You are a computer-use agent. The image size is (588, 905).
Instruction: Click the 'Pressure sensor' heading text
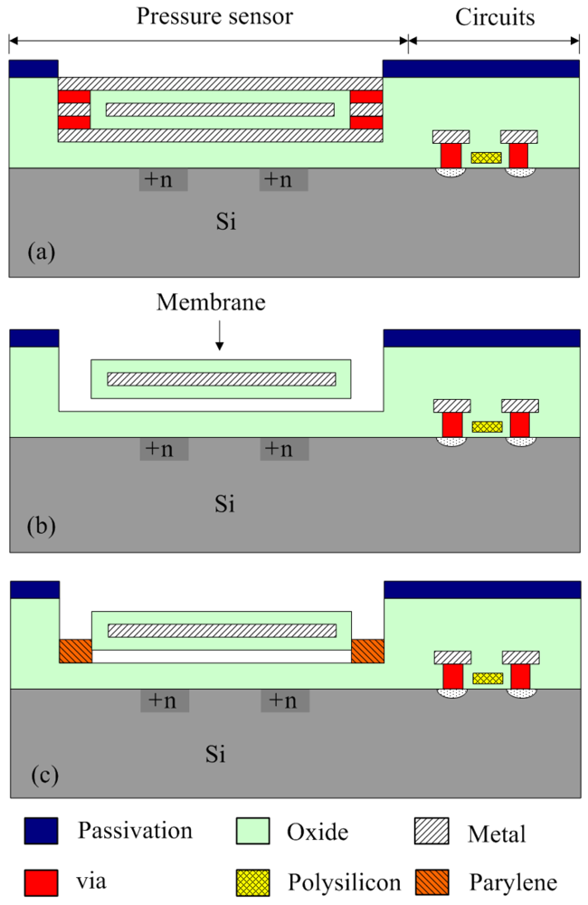[x=214, y=17]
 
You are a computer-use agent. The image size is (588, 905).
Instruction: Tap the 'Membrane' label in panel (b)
[x=211, y=302]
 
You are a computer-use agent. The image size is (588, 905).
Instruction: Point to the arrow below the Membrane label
[x=218, y=338]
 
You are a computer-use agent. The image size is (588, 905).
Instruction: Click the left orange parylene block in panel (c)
[x=75, y=650]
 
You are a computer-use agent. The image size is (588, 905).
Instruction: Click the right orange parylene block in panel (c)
[x=367, y=650]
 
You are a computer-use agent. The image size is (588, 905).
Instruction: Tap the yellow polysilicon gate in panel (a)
[x=486, y=157]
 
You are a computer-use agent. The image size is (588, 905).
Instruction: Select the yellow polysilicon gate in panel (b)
[x=487, y=426]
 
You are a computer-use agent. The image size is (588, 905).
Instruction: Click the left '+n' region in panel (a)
[x=163, y=179]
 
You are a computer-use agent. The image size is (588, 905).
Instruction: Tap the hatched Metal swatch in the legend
[x=435, y=831]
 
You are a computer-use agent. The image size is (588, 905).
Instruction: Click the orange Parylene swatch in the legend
[x=435, y=881]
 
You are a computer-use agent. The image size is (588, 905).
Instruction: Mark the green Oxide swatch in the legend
[x=254, y=831]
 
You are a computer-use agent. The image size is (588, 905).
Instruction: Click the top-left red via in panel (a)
[x=74, y=96]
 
